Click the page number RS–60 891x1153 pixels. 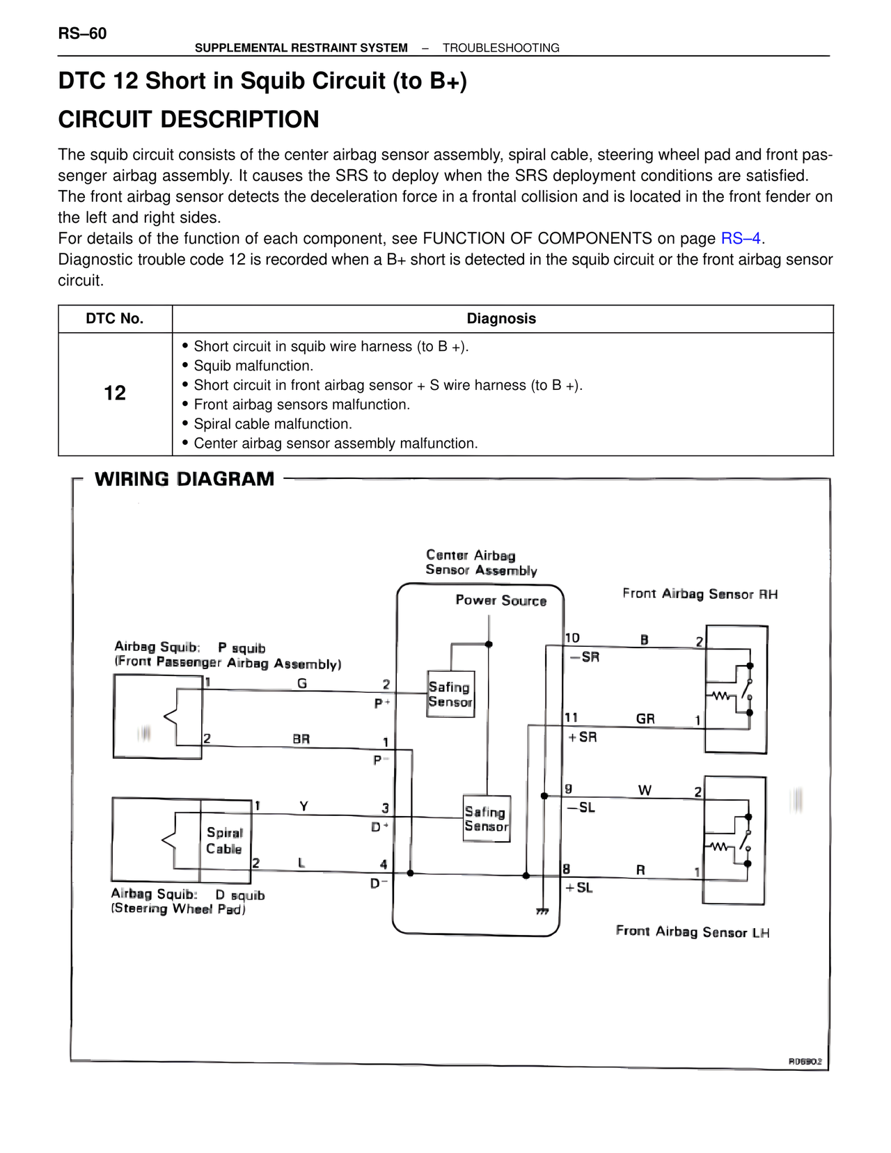pyautogui.click(x=82, y=33)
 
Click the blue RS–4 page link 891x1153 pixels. pyautogui.click(x=741, y=239)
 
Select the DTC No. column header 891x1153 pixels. pyautogui.click(x=115, y=319)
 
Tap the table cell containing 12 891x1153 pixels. pyautogui.click(x=115, y=393)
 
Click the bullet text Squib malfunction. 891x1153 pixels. pyautogui.click(x=253, y=366)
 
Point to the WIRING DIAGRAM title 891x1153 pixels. pyautogui.click(x=184, y=479)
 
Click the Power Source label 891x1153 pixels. pyautogui.click(x=500, y=600)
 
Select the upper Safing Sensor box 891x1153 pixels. pyautogui.click(x=450, y=694)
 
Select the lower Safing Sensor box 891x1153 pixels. pyautogui.click(x=486, y=819)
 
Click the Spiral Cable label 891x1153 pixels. pyautogui.click(x=224, y=840)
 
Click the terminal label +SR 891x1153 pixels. pyautogui.click(x=583, y=737)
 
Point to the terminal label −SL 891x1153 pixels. pyautogui.click(x=581, y=808)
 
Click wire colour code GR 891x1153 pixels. pyautogui.click(x=645, y=719)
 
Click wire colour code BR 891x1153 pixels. pyautogui.click(x=301, y=739)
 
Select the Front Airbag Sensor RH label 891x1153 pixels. pyautogui.click(x=700, y=594)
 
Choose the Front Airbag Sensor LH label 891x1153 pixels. pyautogui.click(x=693, y=932)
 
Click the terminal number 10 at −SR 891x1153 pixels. pyautogui.click(x=572, y=638)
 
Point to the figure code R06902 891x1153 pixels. pyautogui.click(x=805, y=1062)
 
